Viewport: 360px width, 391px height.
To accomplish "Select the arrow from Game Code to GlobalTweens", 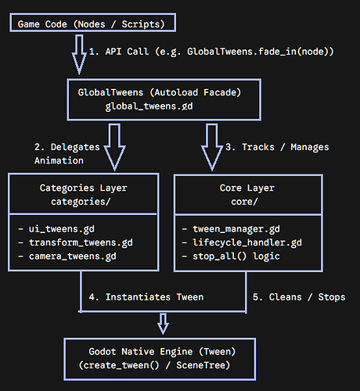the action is [79, 54].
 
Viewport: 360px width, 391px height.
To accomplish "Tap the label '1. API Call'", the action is [119, 52].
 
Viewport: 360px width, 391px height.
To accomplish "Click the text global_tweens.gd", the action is [149, 106].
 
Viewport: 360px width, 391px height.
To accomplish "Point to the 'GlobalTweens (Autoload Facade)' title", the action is [160, 92].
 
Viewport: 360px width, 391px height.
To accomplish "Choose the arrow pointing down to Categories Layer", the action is [115, 147].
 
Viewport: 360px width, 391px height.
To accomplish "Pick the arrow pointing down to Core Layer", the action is [212, 147].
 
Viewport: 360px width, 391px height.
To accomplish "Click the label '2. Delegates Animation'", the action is [67, 154].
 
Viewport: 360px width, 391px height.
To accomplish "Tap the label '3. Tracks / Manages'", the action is [277, 147].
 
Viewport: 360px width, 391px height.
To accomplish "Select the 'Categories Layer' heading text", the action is [83, 188].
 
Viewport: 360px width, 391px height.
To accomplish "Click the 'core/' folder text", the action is [244, 202].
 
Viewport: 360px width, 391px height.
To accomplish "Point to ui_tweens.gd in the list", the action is [62, 229].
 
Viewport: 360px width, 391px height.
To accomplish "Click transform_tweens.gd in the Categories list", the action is [81, 242].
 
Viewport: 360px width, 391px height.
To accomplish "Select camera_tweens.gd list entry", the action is [73, 256].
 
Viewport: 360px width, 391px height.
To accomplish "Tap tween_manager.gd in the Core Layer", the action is [236, 229].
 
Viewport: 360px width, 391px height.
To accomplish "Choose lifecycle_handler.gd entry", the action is [247, 242].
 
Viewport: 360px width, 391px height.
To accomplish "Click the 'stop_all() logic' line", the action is [236, 256].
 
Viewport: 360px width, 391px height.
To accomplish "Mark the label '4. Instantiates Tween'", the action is [146, 297].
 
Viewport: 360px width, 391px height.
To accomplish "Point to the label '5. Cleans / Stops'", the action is [299, 297].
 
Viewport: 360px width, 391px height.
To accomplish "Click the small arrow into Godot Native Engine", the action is [163, 324].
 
